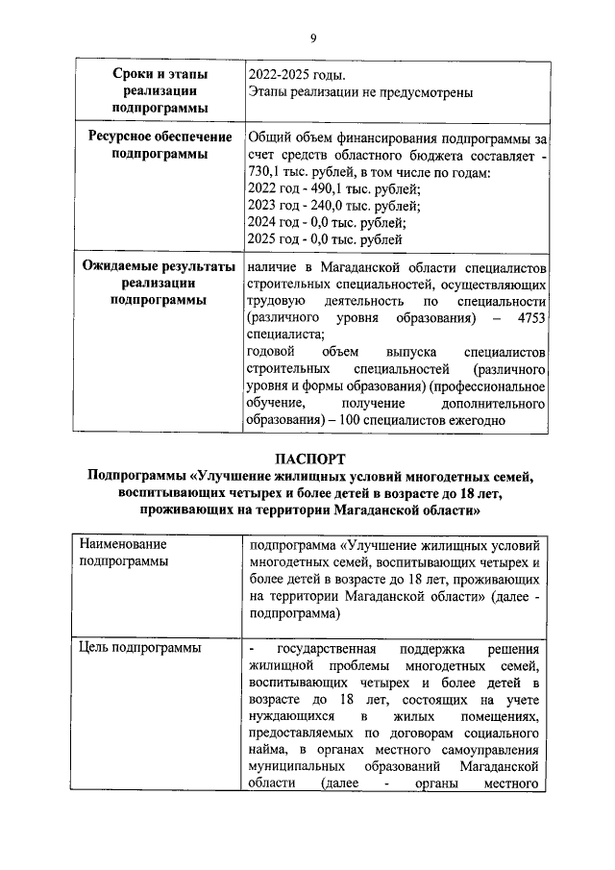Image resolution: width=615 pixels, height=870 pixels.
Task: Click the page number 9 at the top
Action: pos(312,37)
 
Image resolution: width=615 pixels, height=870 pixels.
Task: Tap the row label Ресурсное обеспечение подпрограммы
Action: pos(160,145)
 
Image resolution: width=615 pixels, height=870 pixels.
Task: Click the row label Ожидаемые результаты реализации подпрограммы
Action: pos(160,283)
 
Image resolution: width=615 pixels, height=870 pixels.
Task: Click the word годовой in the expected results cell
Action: pos(270,353)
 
